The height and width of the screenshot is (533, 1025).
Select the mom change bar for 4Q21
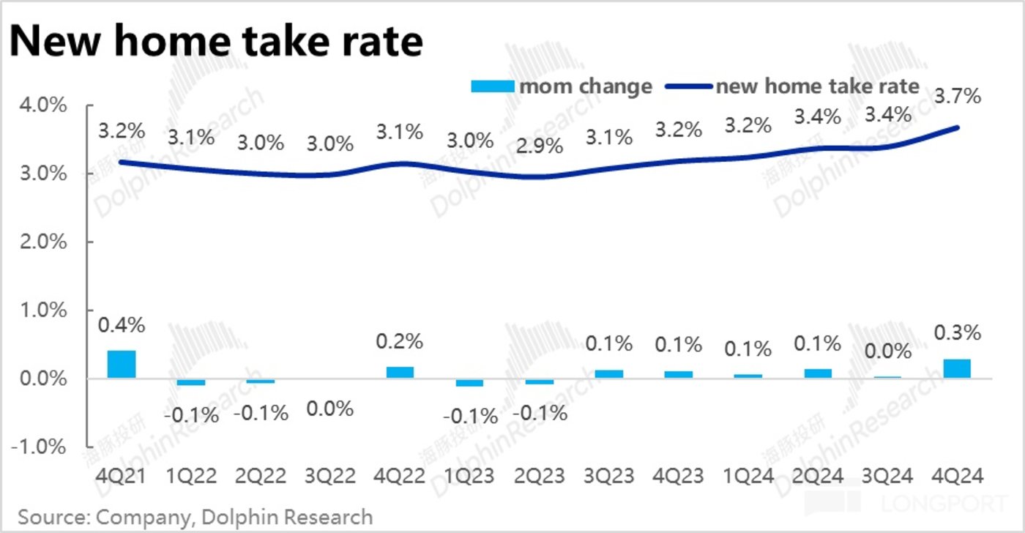coord(122,365)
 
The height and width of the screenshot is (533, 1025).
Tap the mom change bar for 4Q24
coord(958,369)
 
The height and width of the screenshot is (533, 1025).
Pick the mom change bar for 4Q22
coord(400,373)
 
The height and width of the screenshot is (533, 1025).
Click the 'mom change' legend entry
coord(561,86)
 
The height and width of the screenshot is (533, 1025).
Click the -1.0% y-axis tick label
coord(42,447)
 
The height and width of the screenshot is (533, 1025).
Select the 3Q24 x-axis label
coord(887,477)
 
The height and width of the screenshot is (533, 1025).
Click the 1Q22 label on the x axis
coord(192,477)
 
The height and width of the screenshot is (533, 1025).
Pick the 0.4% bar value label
coord(122,324)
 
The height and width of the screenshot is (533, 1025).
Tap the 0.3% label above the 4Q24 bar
coord(956,333)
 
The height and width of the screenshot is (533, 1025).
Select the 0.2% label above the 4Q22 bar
coord(400,342)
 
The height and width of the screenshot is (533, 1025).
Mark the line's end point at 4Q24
coord(958,127)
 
